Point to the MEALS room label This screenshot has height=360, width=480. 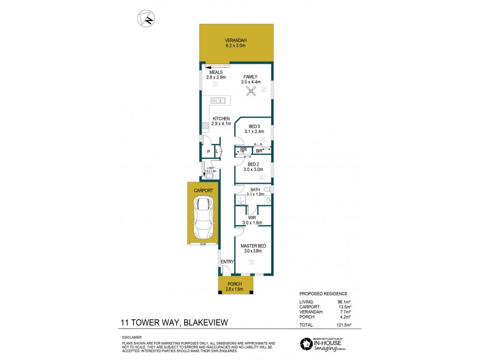pos(216,72)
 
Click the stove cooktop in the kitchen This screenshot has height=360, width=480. pos(205,127)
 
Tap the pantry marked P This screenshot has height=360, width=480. pos(208,152)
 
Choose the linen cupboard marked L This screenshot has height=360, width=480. pos(217,152)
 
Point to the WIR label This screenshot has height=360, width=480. pos(253,218)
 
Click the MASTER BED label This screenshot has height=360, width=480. pos(253,245)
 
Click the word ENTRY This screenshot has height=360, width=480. pos(227,262)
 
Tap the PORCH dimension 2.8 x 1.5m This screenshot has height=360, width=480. pos(236,289)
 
